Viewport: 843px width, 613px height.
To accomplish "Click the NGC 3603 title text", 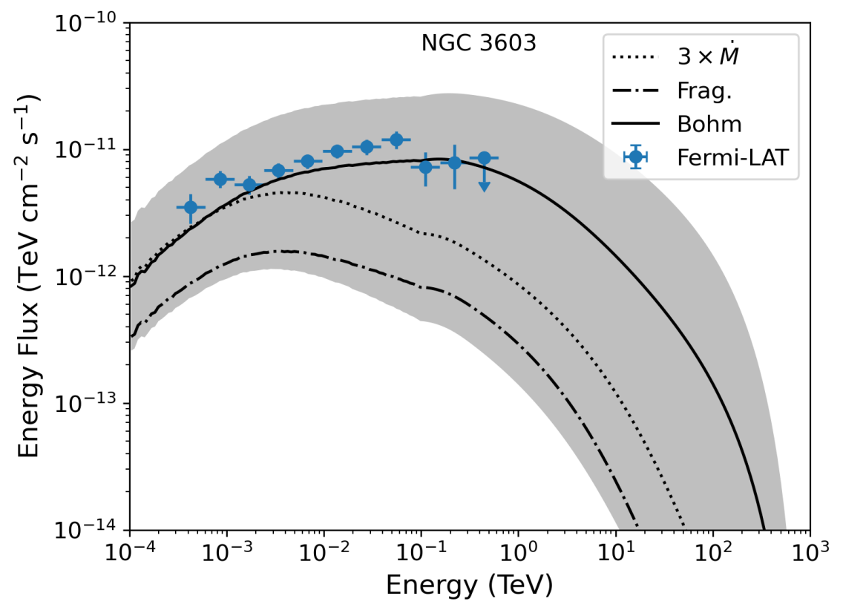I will coord(479,43).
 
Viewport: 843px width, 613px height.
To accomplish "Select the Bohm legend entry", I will coord(709,122).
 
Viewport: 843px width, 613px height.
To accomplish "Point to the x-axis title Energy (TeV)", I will coord(469,586).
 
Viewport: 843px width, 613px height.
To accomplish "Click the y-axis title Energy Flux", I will coord(30,276).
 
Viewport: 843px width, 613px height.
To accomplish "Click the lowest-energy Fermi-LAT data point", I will coord(191,207).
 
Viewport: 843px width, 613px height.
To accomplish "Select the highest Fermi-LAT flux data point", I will coord(396,140).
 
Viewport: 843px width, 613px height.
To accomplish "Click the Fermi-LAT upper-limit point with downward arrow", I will coord(484,158).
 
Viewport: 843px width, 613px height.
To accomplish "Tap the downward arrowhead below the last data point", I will coord(484,188).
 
